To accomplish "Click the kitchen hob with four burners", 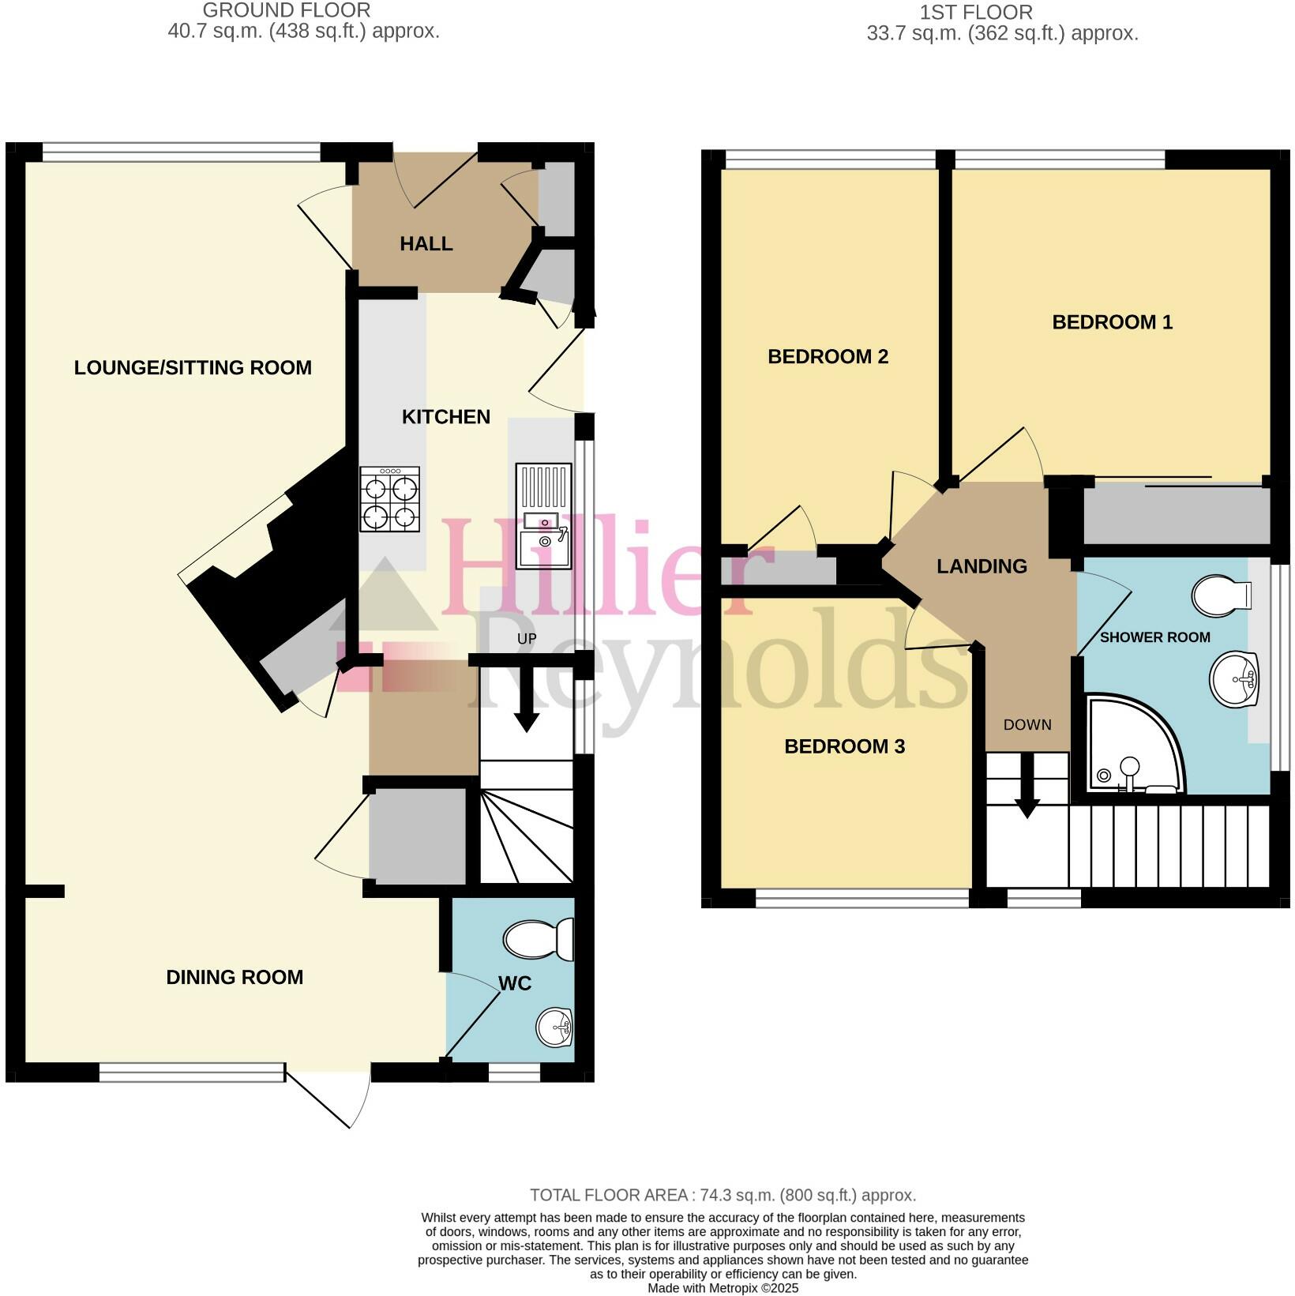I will [x=389, y=498].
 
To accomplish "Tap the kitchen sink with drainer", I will [x=543, y=515].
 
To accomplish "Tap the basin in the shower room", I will [x=1234, y=678].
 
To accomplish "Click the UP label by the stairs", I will [x=527, y=638].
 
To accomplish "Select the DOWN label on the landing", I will [x=1027, y=724].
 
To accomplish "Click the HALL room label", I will [x=426, y=244].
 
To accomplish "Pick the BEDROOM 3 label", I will [x=844, y=746].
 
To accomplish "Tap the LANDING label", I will [x=982, y=566].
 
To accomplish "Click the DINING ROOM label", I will [x=235, y=977].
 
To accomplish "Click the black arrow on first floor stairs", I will [x=1027, y=790].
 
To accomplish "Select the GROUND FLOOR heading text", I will [x=287, y=11].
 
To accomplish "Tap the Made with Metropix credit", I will [x=723, y=1288].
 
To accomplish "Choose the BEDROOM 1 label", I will [x=1112, y=322].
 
